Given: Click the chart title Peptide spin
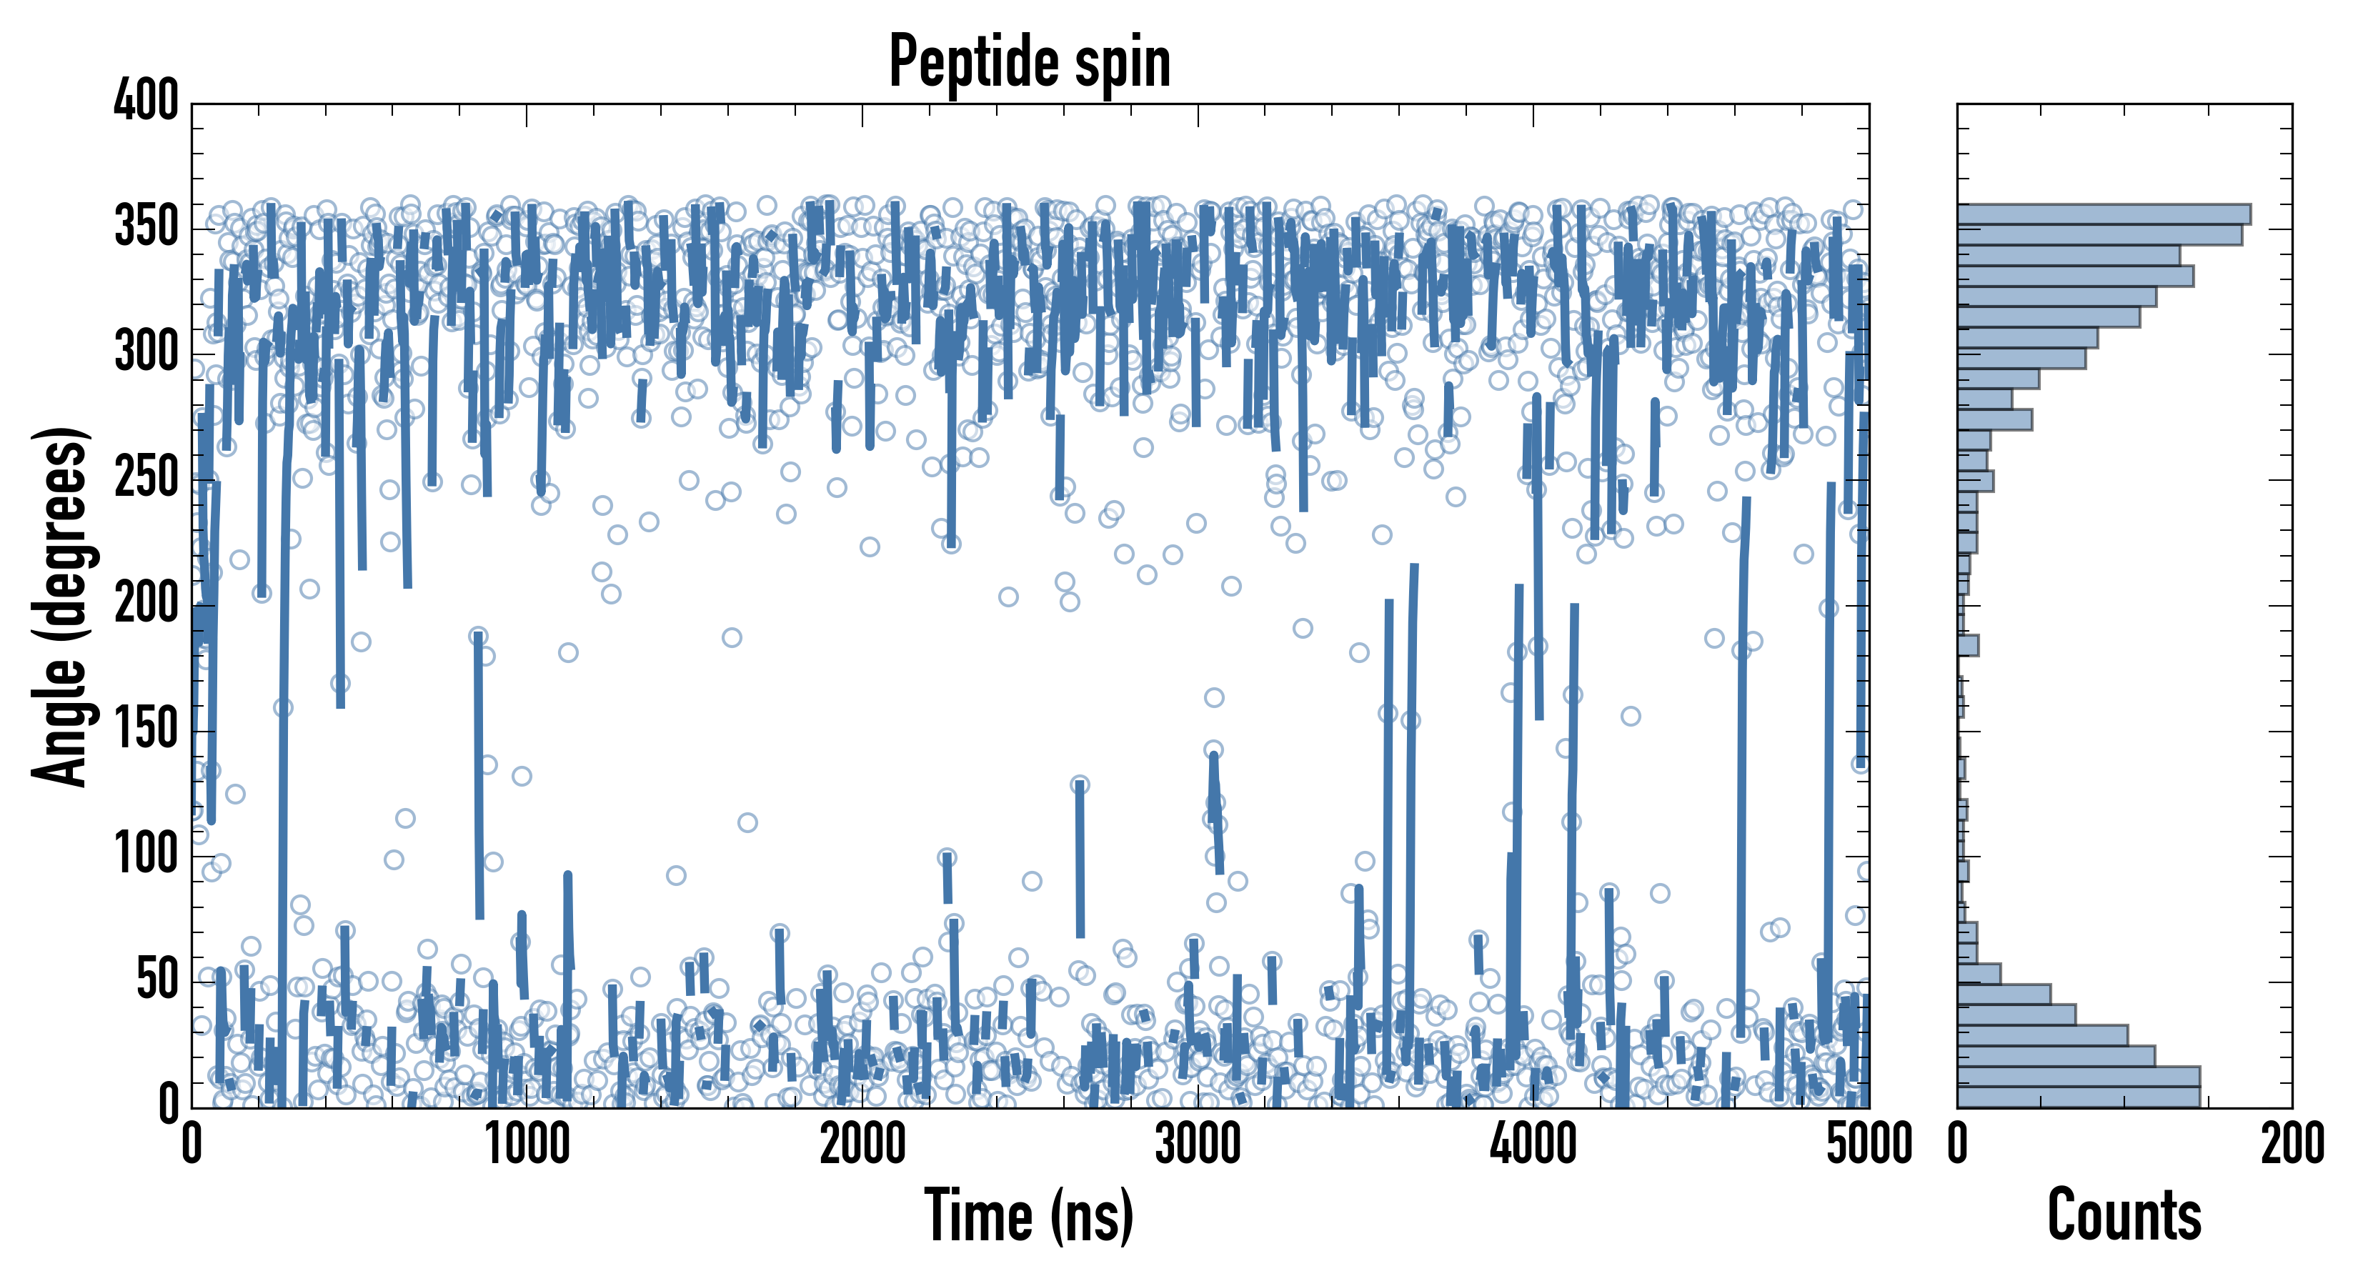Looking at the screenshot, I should point(1029,62).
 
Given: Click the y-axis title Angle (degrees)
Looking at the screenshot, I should point(61,606).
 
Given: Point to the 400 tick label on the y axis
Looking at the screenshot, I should point(146,101).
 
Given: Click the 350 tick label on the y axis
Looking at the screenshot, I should point(146,227).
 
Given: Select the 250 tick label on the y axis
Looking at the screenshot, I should point(146,479).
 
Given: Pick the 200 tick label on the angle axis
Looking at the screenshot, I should point(146,605).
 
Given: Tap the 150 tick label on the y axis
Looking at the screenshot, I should point(146,730).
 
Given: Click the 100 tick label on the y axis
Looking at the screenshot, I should point(146,856).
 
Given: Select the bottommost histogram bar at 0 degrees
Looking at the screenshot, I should point(2078,1097).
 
